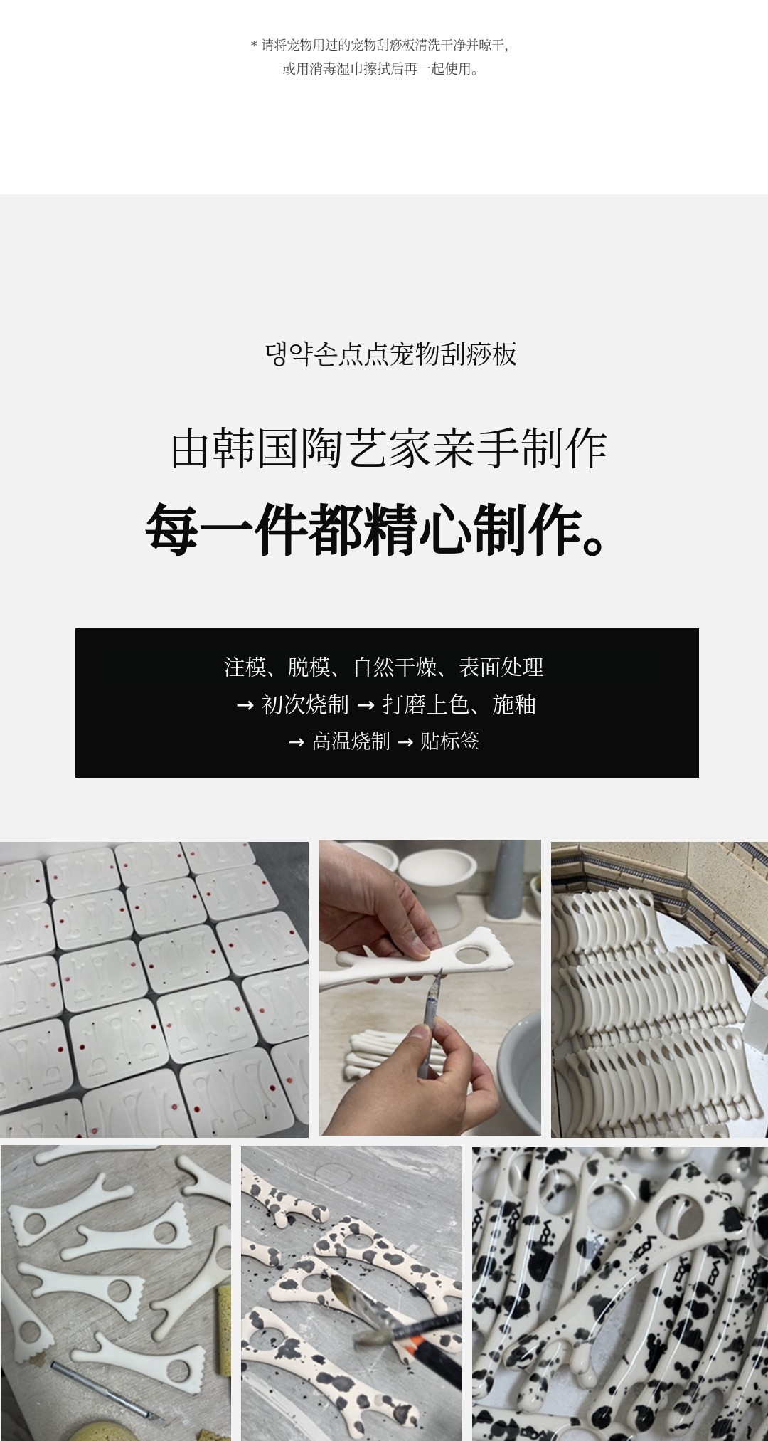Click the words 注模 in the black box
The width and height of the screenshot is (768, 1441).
245,667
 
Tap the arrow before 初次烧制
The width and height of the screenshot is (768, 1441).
245,705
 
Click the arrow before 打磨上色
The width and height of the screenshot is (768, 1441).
366,705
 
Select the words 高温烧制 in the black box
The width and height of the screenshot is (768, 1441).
351,741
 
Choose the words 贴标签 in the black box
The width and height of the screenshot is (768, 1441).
450,741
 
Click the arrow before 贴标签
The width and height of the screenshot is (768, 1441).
405,742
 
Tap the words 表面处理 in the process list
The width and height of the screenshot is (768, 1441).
501,667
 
